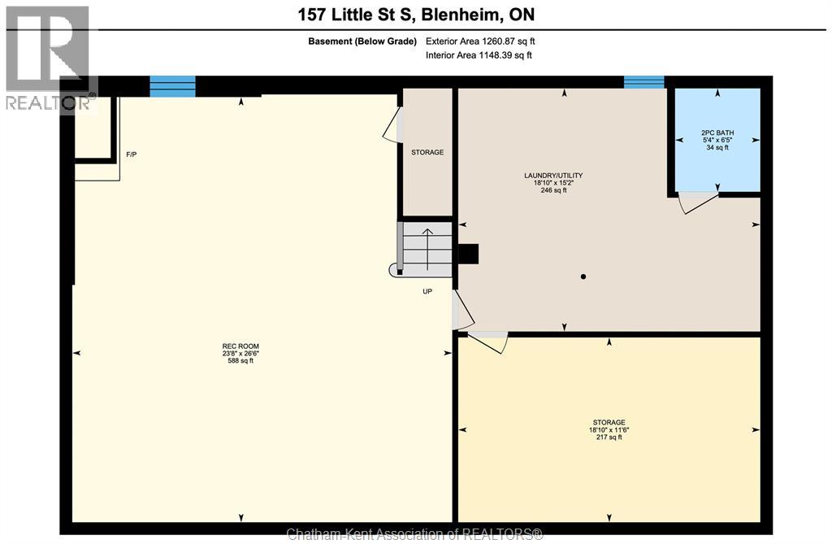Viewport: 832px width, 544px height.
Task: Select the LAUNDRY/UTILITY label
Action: (x=553, y=176)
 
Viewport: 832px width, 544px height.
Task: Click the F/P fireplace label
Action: (x=131, y=154)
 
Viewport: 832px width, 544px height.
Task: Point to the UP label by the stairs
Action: (x=427, y=290)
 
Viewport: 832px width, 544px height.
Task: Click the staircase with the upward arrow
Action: (x=427, y=249)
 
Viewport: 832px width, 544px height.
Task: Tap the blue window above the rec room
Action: (x=172, y=85)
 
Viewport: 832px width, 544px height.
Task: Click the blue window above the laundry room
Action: (x=643, y=81)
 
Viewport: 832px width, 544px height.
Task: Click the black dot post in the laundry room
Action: (x=583, y=277)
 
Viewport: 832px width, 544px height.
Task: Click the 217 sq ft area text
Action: (x=609, y=437)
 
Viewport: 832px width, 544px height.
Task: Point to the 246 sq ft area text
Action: (x=553, y=190)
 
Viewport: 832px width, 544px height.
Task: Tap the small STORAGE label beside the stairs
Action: (x=427, y=152)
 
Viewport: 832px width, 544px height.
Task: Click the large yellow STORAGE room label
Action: (x=609, y=422)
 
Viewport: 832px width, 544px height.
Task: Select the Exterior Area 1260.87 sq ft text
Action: (x=480, y=41)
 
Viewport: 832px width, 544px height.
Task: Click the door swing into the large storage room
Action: (x=488, y=344)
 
